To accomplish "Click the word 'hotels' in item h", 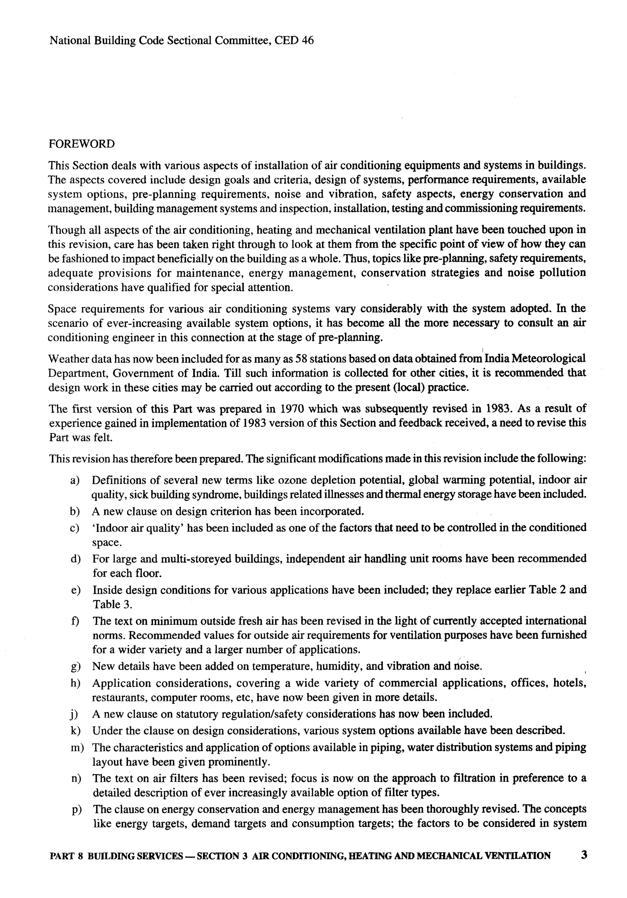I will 569,683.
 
